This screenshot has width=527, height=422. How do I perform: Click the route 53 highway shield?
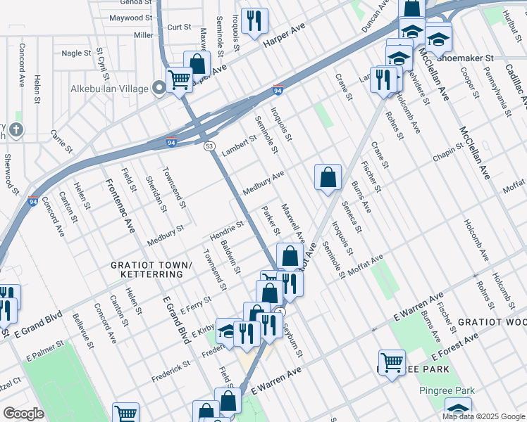(x=209, y=146)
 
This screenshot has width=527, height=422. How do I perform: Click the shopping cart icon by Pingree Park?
(x=392, y=363)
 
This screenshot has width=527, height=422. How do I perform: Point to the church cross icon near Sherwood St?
(x=16, y=129)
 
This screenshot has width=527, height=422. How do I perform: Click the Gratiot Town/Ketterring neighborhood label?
(x=151, y=269)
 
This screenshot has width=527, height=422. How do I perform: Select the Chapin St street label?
(x=448, y=153)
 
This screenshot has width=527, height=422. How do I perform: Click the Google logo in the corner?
(x=24, y=414)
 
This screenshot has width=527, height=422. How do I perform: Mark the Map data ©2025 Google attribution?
(x=483, y=416)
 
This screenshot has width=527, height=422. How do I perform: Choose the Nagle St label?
(x=77, y=53)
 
